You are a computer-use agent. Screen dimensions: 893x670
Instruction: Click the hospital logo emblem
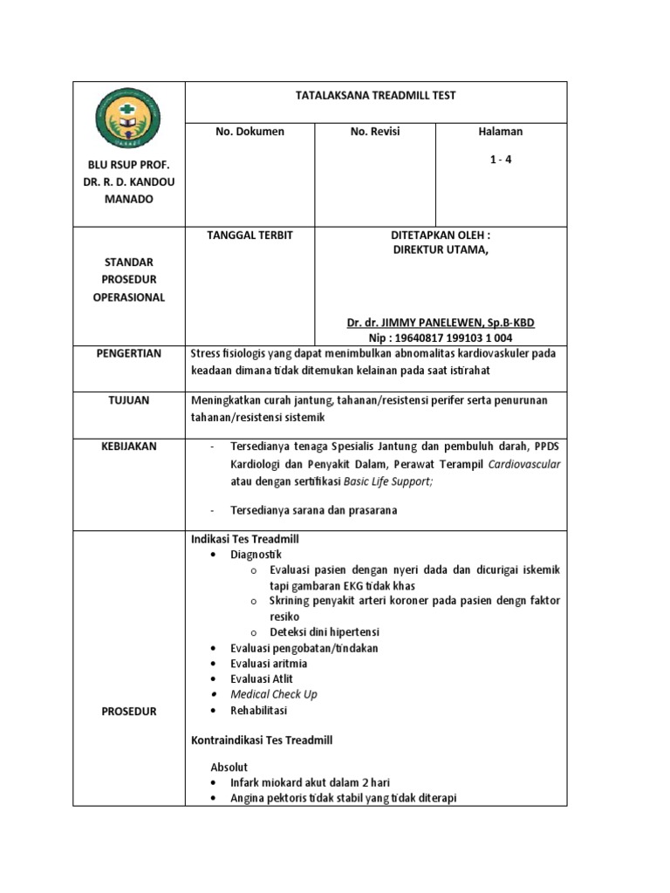(129, 121)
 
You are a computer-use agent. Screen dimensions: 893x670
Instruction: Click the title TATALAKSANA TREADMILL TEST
(377, 96)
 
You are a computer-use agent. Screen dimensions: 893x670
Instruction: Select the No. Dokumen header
(250, 132)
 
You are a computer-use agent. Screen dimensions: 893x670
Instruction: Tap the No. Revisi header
(374, 132)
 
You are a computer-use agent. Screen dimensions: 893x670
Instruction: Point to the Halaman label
(501, 132)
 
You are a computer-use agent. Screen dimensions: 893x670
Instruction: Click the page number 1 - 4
(501, 159)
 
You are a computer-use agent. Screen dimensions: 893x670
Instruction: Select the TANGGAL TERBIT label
(250, 235)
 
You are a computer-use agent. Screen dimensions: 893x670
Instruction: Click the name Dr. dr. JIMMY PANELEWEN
(441, 323)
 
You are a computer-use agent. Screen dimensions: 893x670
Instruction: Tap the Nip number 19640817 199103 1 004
(441, 338)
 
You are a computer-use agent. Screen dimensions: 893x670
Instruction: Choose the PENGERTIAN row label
(129, 354)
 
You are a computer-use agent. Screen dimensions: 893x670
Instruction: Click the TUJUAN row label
(129, 400)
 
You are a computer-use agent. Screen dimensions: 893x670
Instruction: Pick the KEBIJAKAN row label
(129, 446)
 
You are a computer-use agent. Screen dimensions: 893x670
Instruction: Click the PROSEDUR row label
(129, 712)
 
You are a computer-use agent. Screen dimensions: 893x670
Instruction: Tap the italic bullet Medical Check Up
(273, 694)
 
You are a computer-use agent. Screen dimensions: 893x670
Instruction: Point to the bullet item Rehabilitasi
(261, 711)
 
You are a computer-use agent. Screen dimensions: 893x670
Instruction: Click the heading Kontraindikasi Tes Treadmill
(262, 740)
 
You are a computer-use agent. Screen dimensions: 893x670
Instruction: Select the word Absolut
(230, 767)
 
